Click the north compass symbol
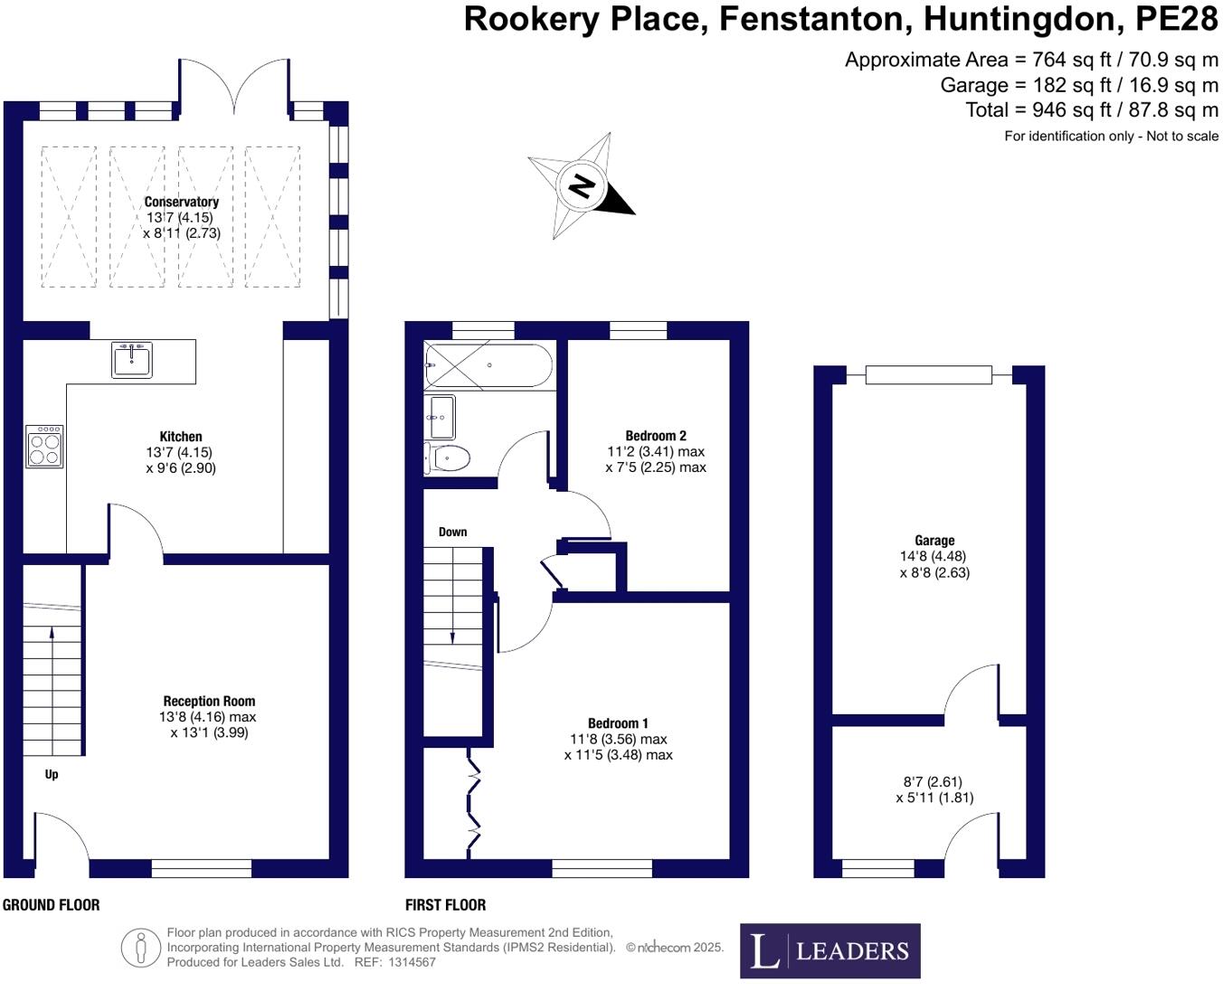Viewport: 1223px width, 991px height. (x=583, y=186)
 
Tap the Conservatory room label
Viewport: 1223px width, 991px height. (x=181, y=202)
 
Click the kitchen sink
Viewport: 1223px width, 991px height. (x=132, y=359)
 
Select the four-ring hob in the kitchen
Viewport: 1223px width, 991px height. (x=44, y=447)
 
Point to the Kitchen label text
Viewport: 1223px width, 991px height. (x=181, y=437)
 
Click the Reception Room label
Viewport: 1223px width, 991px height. (x=209, y=701)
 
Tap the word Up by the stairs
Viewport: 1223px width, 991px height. (x=52, y=774)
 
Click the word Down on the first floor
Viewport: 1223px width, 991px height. (x=452, y=532)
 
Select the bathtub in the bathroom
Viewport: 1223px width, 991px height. (x=488, y=365)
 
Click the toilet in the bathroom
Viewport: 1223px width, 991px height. (x=446, y=458)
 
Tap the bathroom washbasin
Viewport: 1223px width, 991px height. (x=442, y=417)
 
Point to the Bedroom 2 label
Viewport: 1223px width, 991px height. (x=656, y=436)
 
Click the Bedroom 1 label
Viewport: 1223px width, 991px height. (x=618, y=723)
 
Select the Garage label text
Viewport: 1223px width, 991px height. (x=934, y=541)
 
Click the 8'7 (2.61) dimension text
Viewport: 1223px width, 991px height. (x=933, y=782)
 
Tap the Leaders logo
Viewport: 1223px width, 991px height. (x=830, y=950)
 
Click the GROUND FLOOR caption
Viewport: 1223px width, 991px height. (x=52, y=905)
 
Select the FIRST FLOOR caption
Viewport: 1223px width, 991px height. (x=445, y=905)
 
